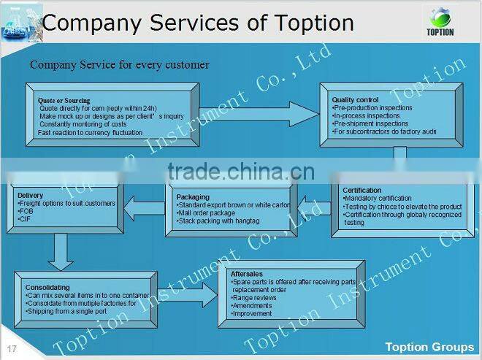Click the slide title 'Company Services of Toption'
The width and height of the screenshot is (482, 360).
199,22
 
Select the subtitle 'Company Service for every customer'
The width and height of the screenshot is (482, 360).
119,65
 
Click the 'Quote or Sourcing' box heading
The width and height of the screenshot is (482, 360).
64,100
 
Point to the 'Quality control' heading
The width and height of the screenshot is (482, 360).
355,99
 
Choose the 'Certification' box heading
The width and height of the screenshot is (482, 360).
361,191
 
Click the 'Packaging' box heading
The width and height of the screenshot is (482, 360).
193,196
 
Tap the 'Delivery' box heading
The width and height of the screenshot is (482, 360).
30,196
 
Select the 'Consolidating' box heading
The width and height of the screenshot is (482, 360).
48,287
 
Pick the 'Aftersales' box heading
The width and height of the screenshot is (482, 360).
247,273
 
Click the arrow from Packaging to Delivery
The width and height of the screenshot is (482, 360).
145,210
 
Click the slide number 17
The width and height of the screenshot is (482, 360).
11,346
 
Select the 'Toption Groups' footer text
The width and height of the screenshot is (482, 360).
429,346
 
